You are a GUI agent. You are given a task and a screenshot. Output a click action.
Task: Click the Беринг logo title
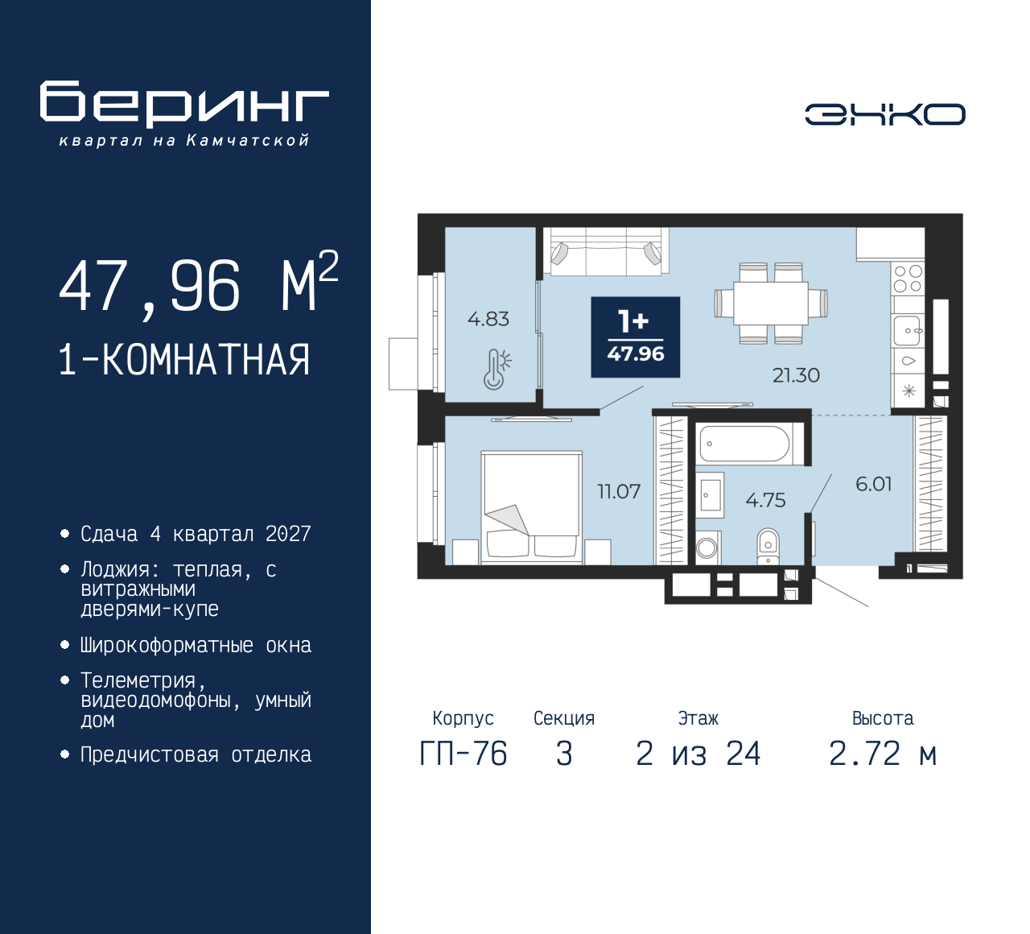coord(184,104)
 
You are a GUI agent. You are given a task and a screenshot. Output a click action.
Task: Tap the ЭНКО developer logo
coord(884,114)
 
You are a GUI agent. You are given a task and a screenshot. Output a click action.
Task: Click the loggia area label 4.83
coord(488,319)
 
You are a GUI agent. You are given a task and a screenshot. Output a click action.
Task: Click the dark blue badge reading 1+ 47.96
coord(635,337)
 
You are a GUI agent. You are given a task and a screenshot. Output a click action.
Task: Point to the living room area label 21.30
coord(795,375)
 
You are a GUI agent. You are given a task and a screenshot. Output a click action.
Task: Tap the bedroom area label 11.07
coord(618,491)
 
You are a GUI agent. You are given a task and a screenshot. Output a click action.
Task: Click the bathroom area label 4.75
coord(764,500)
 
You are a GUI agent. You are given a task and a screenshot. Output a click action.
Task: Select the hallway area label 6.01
coord(873,484)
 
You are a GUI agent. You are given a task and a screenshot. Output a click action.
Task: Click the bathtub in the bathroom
coord(744,444)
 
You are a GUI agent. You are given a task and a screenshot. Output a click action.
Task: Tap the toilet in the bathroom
coord(768,545)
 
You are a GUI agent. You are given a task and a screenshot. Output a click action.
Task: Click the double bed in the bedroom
coord(531,504)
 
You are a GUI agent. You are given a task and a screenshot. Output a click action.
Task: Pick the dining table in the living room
coord(770,304)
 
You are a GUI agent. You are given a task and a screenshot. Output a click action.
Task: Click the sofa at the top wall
coord(605,250)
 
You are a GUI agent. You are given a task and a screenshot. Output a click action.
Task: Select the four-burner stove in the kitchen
coord(908,279)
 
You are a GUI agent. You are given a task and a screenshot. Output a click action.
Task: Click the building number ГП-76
coord(463,754)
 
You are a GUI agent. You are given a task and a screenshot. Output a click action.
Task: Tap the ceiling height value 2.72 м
coord(882,754)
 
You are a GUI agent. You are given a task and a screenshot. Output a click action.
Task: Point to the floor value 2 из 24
coord(698,754)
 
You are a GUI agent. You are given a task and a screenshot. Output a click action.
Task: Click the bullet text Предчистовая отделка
coord(196,755)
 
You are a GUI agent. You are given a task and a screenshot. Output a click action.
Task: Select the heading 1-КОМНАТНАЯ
coord(184,360)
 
